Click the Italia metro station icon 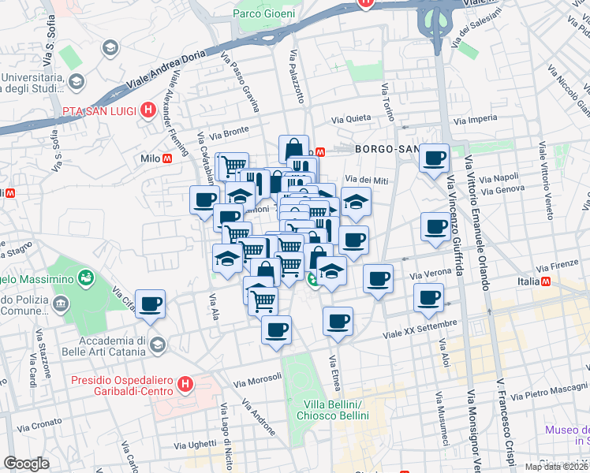[x=546, y=281]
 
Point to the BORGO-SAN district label [x=386, y=149]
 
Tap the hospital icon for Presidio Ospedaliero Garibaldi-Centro [x=185, y=385]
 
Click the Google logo [x=25, y=464]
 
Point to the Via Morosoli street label [x=258, y=380]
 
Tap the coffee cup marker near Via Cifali [x=150, y=304]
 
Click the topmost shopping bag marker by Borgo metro [x=293, y=147]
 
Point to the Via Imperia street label [x=476, y=120]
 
